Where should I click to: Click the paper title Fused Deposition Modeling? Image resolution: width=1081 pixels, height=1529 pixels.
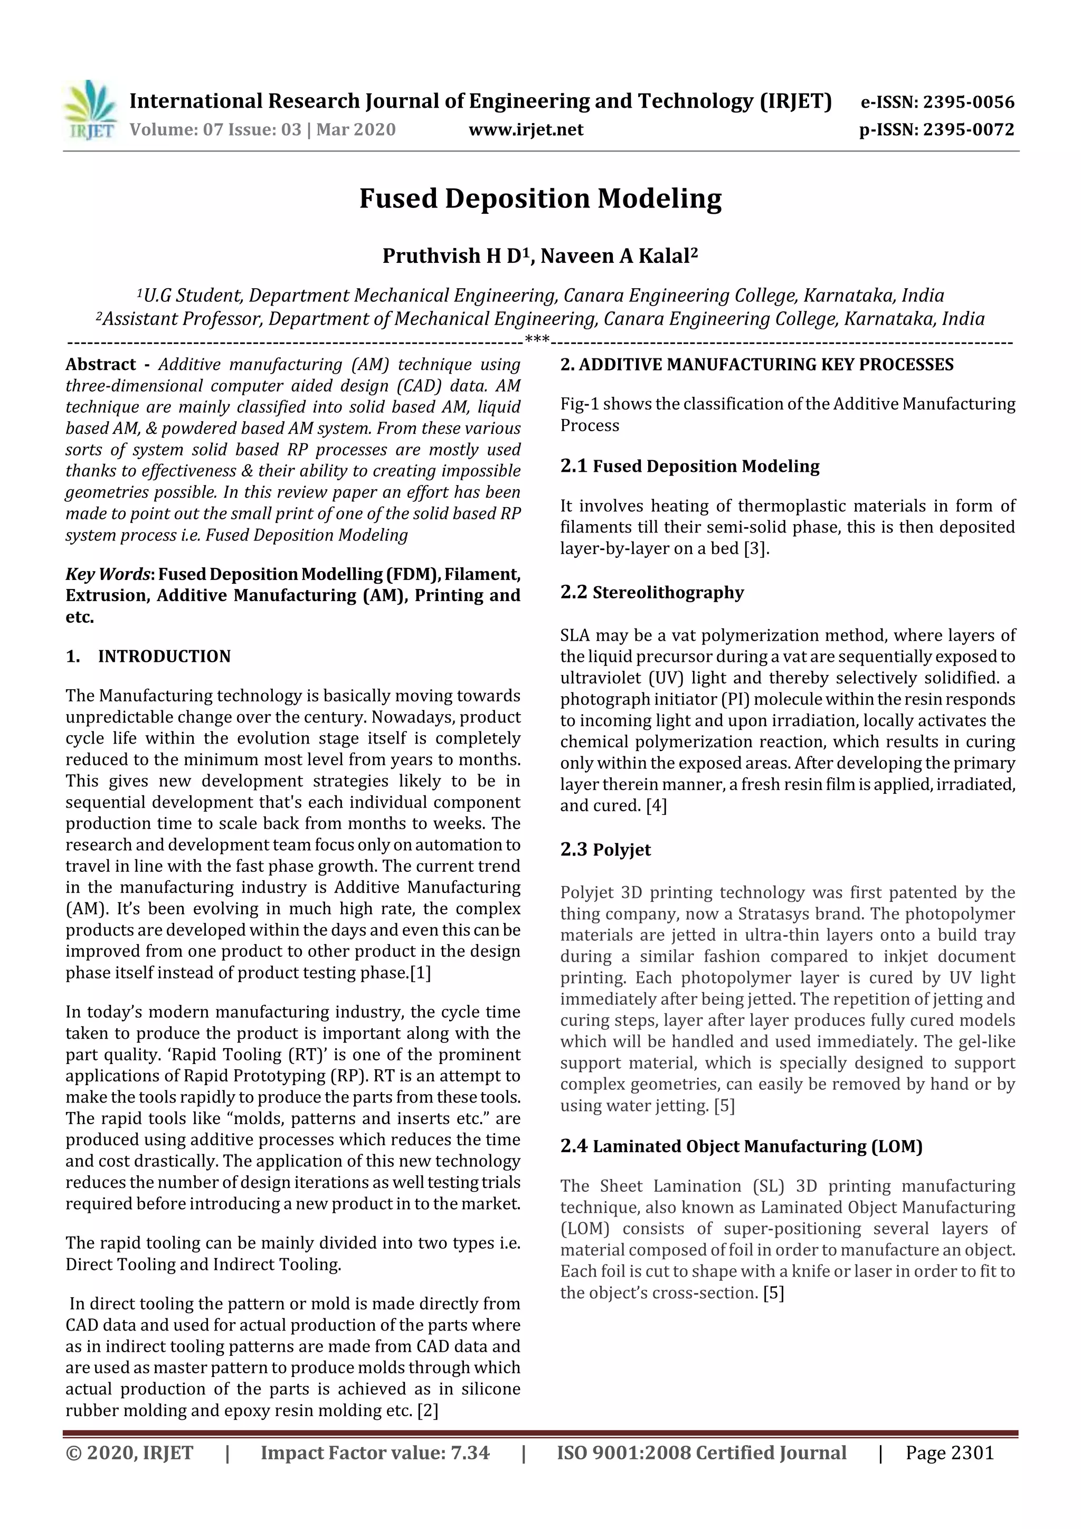click(540, 198)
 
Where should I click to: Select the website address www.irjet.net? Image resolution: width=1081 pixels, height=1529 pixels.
click(526, 129)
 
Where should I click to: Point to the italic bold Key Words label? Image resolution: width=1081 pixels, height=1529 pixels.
click(109, 574)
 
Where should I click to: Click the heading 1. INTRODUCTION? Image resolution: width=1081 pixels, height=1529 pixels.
click(148, 656)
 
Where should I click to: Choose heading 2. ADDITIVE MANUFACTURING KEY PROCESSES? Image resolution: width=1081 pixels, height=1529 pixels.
click(756, 364)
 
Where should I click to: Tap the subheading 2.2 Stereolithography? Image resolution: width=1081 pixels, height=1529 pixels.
click(651, 592)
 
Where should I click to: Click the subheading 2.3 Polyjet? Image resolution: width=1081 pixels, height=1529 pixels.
click(605, 850)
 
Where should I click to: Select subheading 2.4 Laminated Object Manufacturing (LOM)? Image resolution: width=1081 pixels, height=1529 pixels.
click(741, 1146)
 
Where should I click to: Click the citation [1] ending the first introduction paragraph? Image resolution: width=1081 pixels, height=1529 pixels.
click(420, 973)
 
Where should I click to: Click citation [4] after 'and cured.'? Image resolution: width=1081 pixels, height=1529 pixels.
click(656, 806)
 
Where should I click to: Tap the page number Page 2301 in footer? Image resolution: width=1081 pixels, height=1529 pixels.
click(949, 1452)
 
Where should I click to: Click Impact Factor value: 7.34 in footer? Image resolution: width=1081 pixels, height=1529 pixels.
click(374, 1452)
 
